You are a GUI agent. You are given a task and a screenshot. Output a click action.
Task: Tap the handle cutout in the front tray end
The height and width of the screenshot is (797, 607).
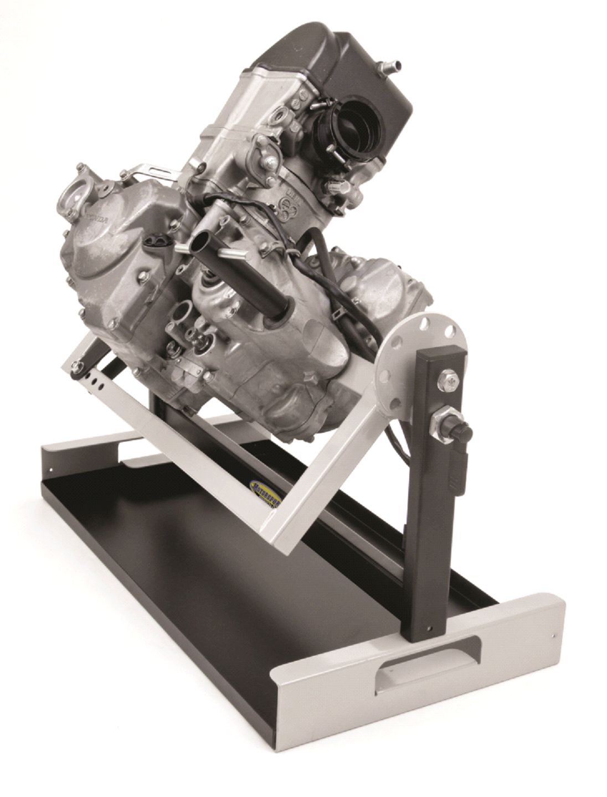425,661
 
